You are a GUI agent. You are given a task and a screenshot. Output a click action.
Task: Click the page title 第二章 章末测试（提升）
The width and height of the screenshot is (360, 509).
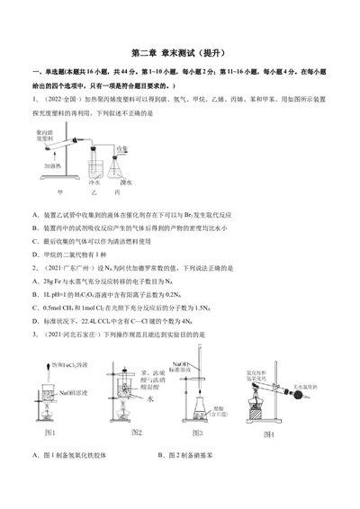[180, 53]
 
